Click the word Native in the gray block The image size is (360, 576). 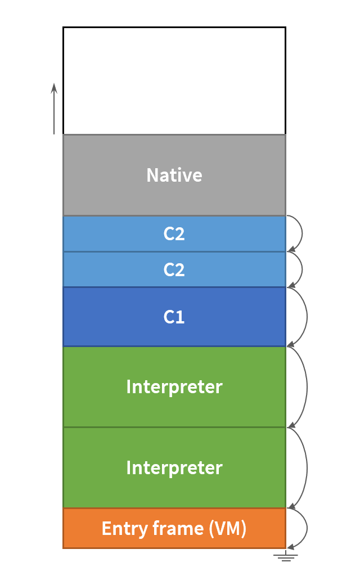(x=174, y=175)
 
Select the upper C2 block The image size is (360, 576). (x=174, y=234)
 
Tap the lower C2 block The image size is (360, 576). (x=174, y=270)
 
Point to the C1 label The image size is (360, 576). (x=174, y=317)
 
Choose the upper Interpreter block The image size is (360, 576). (x=174, y=387)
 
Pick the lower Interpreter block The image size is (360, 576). (x=174, y=468)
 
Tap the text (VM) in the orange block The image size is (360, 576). (x=227, y=529)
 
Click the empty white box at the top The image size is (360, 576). (x=174, y=80)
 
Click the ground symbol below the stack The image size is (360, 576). (x=285, y=556)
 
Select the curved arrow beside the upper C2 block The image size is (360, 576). (x=301, y=233)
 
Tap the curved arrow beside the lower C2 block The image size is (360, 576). (x=301, y=270)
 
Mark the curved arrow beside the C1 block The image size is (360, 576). (x=306, y=317)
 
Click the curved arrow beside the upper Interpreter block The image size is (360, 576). (x=307, y=387)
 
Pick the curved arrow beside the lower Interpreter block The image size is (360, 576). (x=307, y=468)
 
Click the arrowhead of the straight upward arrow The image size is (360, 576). (x=54, y=88)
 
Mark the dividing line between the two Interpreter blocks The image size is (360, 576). (x=174, y=427)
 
